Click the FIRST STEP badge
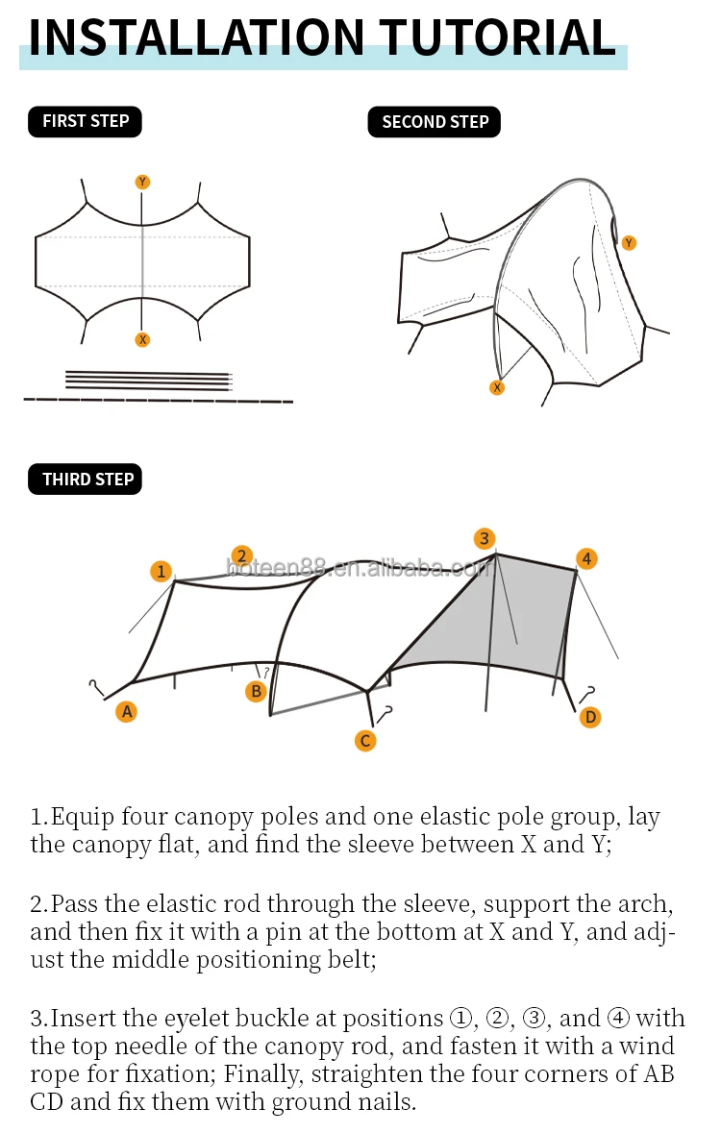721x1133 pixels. pos(85,121)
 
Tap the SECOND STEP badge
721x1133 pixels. pos(435,122)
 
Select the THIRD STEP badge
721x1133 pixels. pos(85,480)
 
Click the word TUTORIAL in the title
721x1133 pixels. pos(498,37)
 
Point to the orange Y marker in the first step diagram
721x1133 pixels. pos(142,182)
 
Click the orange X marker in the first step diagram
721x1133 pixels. pos(142,339)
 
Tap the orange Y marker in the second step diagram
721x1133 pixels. pos(629,243)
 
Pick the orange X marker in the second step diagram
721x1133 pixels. pos(497,388)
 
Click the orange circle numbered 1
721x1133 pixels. pos(162,572)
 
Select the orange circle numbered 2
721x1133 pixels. pos(241,555)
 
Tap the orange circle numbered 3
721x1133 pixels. pos(485,538)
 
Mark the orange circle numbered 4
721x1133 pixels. pos(586,558)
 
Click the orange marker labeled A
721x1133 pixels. pos(127,712)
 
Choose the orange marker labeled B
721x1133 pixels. pos(256,692)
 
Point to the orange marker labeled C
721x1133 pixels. pos(365,741)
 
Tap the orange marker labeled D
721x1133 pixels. pos(590,717)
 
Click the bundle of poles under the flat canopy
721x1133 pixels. pos(149,381)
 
